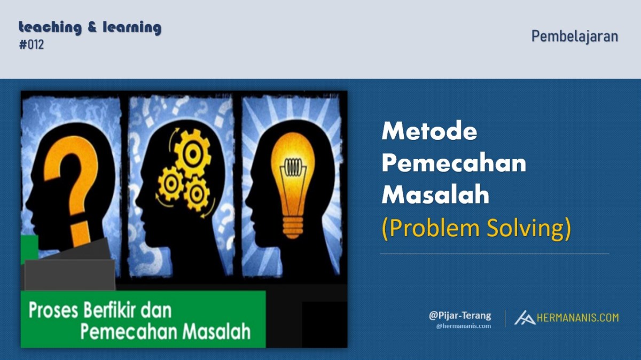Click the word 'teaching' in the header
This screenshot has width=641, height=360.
click(50, 28)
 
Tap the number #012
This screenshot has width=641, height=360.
click(32, 45)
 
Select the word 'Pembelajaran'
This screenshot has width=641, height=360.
click(575, 37)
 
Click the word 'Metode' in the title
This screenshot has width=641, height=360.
click(429, 131)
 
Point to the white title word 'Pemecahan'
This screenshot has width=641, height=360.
click(454, 163)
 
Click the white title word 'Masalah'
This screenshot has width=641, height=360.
click(435, 194)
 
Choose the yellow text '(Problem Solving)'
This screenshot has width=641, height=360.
click(476, 228)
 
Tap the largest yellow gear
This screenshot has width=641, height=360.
click(192, 154)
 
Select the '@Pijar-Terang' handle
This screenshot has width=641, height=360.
click(460, 316)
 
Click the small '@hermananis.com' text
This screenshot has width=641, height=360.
click(464, 326)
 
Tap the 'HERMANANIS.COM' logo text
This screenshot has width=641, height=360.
click(578, 318)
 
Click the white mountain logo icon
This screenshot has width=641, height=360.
click(525, 318)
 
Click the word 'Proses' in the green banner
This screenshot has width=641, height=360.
click(53, 311)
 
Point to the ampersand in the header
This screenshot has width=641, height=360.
click(92, 27)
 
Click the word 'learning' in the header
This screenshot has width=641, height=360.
click(132, 28)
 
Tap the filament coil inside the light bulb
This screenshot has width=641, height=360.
click(293, 167)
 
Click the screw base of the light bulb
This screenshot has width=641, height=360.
click(293, 228)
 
